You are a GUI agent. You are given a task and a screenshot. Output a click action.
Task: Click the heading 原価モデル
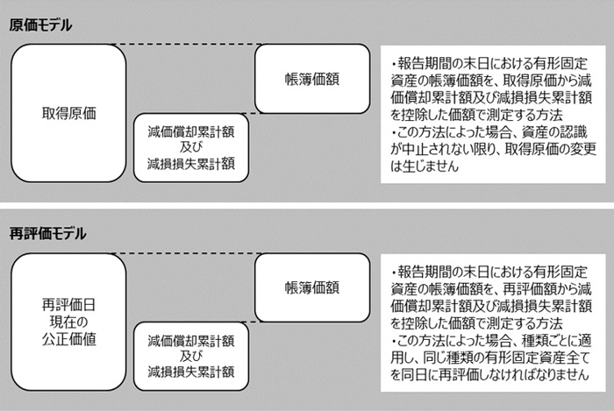point(40,25)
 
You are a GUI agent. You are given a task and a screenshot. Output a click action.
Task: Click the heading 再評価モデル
point(47,234)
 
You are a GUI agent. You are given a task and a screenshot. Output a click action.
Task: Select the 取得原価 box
point(68,113)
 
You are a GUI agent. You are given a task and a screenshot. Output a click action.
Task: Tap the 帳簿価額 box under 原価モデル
point(312,79)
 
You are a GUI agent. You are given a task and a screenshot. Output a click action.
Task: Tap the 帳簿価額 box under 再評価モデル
point(312,287)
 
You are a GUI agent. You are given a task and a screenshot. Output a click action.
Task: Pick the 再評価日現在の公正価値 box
point(68,322)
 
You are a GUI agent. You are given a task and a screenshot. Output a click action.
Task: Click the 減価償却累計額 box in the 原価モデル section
point(191,148)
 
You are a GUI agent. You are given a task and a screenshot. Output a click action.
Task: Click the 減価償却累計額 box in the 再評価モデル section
point(191,357)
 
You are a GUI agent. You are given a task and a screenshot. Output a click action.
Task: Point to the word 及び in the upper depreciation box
point(191,147)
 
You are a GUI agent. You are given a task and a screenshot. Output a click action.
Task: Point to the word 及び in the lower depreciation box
point(191,357)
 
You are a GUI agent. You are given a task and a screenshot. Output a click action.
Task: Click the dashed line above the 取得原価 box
point(187,44)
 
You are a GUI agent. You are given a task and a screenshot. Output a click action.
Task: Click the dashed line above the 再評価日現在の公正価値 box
point(187,253)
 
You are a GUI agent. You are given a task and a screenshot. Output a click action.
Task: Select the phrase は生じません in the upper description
point(425,166)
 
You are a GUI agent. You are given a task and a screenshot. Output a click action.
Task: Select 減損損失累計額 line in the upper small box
point(191,164)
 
